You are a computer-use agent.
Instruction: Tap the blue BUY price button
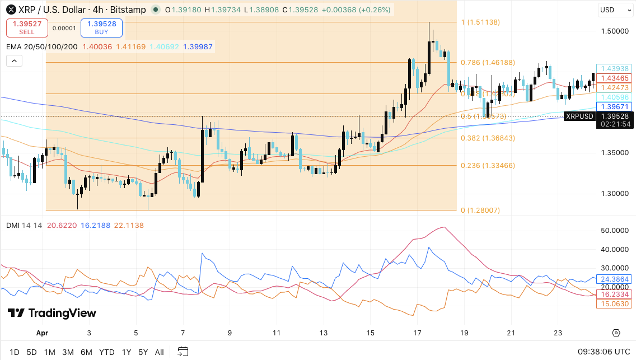pyautogui.click(x=101, y=27)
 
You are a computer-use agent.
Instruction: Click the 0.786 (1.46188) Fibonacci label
pyautogui.click(x=488, y=63)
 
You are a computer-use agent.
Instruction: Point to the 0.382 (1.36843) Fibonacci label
pyautogui.click(x=488, y=138)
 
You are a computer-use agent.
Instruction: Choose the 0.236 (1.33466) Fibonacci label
pyautogui.click(x=488, y=165)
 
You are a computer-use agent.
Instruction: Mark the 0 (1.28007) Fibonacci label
pyautogui.click(x=480, y=211)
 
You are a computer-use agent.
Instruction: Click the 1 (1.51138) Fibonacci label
pyautogui.click(x=480, y=22)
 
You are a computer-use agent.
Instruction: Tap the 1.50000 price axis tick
pyautogui.click(x=614, y=31)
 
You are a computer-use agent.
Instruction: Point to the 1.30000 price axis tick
pyautogui.click(x=614, y=193)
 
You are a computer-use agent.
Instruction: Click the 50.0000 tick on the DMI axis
pyautogui.click(x=614, y=231)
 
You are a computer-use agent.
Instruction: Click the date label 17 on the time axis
pyautogui.click(x=418, y=333)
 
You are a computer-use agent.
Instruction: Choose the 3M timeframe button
pyautogui.click(x=68, y=352)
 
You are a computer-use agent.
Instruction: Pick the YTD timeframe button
pyautogui.click(x=107, y=352)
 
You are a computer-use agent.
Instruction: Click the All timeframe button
pyautogui.click(x=160, y=352)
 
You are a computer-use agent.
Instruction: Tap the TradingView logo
pyautogui.click(x=52, y=313)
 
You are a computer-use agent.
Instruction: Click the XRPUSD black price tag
pyautogui.click(x=579, y=116)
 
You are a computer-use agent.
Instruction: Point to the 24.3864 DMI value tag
pyautogui.click(x=615, y=279)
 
